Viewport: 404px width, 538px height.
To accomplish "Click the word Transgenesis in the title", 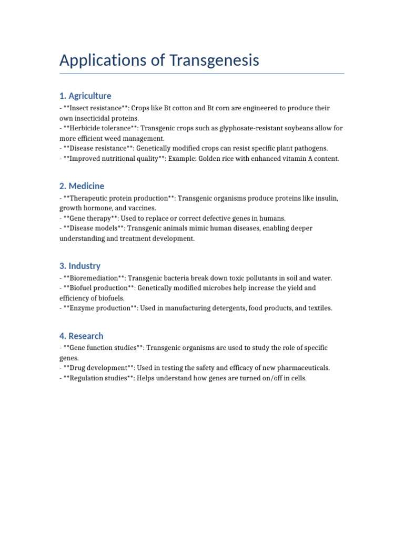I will tap(214, 60).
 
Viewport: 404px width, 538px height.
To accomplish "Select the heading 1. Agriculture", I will tap(85, 96).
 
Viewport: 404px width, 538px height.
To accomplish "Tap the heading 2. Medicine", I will tap(82, 186).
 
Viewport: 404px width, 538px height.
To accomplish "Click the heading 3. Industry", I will tap(80, 266).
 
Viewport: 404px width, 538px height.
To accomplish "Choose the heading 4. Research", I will tap(82, 336).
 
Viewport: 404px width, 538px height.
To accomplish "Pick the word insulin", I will tap(326, 198).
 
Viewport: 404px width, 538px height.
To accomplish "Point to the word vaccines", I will tap(142, 208).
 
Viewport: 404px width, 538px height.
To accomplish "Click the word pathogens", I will tap(310, 149).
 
